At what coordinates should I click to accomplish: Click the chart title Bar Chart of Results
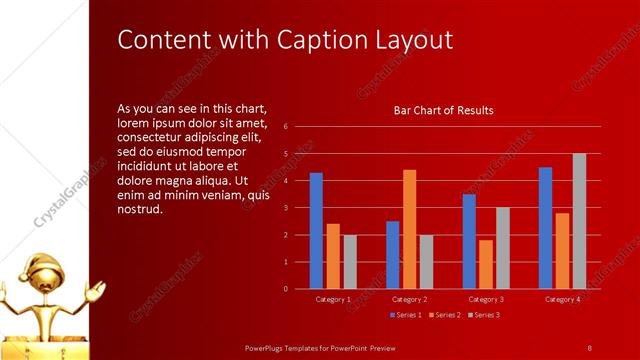443,110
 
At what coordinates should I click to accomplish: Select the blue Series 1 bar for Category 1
316,230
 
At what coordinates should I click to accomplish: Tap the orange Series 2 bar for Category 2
409,229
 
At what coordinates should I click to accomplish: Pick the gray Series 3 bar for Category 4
579,221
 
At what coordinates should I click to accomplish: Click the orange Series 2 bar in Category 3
486,264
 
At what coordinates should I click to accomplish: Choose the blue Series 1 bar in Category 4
545,228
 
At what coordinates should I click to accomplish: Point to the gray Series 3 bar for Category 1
350,262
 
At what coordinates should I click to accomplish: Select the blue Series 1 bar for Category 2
392,255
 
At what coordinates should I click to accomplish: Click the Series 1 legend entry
405,315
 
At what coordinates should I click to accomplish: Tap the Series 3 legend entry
484,315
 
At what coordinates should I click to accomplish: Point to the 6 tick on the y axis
286,127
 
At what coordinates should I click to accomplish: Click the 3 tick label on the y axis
286,208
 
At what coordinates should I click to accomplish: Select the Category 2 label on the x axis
409,299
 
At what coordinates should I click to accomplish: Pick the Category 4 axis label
562,299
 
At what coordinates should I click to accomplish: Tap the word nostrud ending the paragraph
140,210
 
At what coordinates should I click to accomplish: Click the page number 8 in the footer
589,347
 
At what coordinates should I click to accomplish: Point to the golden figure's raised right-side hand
97,291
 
